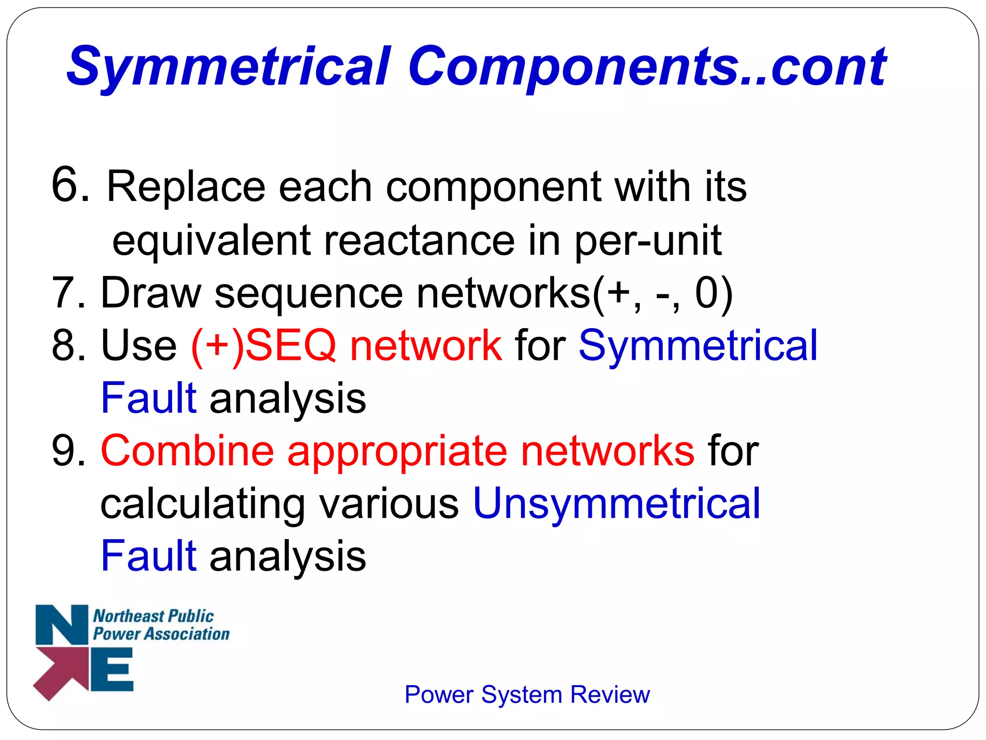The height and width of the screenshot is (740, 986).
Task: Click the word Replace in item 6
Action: coord(186,187)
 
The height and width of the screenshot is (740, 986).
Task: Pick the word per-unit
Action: coord(648,241)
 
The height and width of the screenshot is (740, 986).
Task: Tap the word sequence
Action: coord(308,294)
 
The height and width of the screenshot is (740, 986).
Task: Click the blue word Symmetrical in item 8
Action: coord(698,346)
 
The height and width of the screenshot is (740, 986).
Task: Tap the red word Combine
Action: coord(187,451)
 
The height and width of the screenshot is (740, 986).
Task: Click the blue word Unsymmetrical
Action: coord(617,504)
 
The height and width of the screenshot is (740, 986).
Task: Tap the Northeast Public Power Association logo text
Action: coord(160,625)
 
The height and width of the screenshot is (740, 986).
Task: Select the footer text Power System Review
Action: coord(527,695)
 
